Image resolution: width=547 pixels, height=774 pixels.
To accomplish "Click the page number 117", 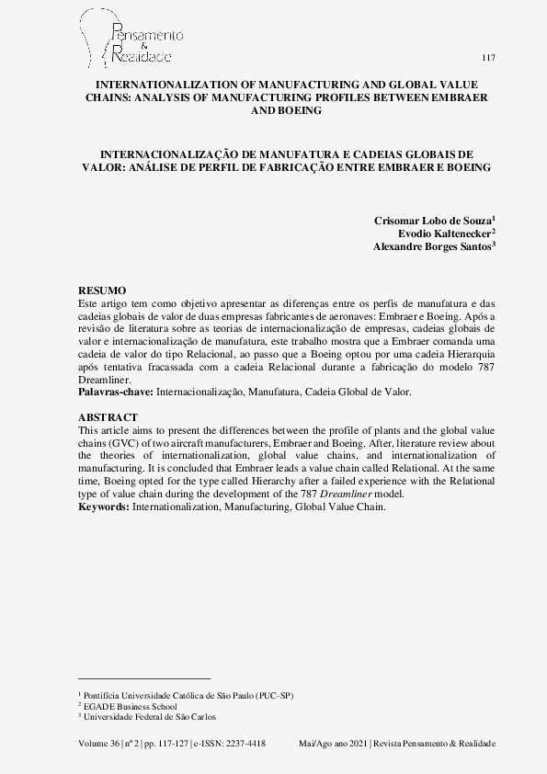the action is [x=488, y=58].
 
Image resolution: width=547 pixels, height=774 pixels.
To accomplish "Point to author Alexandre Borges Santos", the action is [x=433, y=246].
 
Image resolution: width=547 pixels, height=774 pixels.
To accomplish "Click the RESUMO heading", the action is [x=102, y=290].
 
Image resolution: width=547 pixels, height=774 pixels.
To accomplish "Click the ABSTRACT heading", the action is [x=107, y=417].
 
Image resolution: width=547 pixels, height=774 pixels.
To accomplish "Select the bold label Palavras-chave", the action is [x=116, y=392].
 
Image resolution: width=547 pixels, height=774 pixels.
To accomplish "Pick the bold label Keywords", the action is [x=105, y=507].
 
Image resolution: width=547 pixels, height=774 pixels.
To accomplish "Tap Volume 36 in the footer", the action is [x=98, y=742].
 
